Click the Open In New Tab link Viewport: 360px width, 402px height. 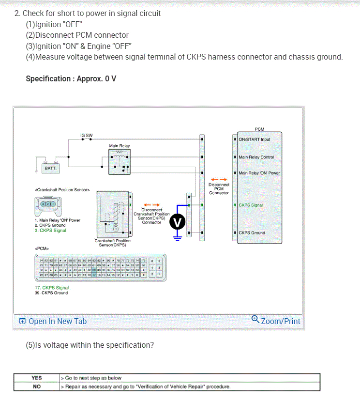pos(53,321)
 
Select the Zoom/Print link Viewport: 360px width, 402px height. pos(276,321)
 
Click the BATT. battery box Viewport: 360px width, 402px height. pos(51,168)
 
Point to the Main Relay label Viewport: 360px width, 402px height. pos(120,146)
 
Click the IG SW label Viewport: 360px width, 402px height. pos(87,135)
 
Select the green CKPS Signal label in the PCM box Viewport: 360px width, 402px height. pos(251,205)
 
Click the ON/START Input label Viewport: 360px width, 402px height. pos(255,139)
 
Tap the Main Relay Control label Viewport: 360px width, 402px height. pos(256,157)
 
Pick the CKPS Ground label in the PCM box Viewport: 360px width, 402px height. pos(252,233)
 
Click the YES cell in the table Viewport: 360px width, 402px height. pos(37,378)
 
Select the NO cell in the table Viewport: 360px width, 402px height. pos(37,387)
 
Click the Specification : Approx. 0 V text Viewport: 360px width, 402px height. pos(71,78)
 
